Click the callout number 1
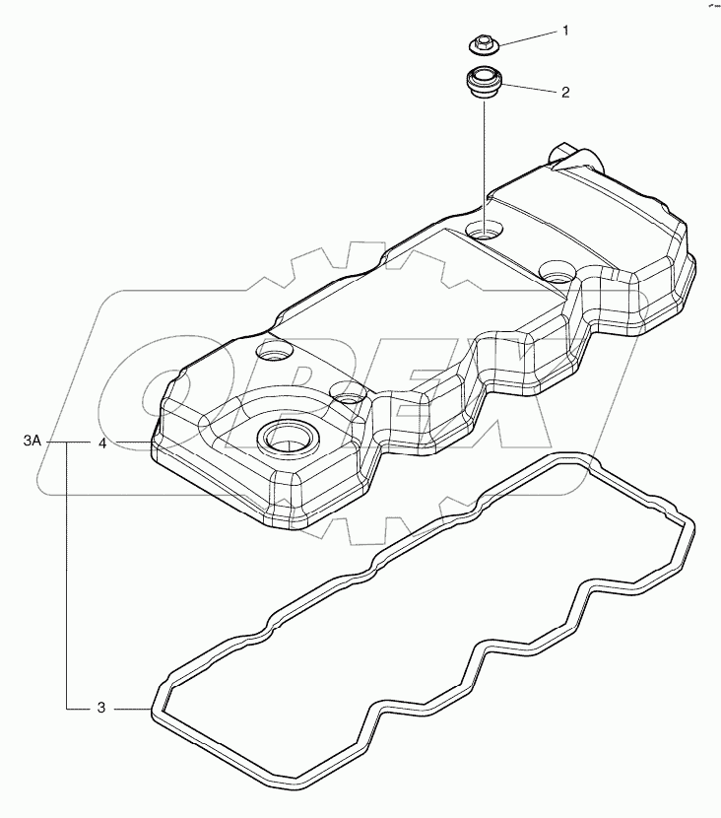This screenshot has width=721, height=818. (564, 32)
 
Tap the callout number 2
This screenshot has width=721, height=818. (564, 94)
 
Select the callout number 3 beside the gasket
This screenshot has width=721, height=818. (101, 708)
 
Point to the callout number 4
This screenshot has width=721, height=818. (101, 443)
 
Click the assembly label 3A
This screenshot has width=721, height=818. (32, 443)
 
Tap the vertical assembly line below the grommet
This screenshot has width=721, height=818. (483, 158)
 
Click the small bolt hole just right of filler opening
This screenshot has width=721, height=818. (347, 394)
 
